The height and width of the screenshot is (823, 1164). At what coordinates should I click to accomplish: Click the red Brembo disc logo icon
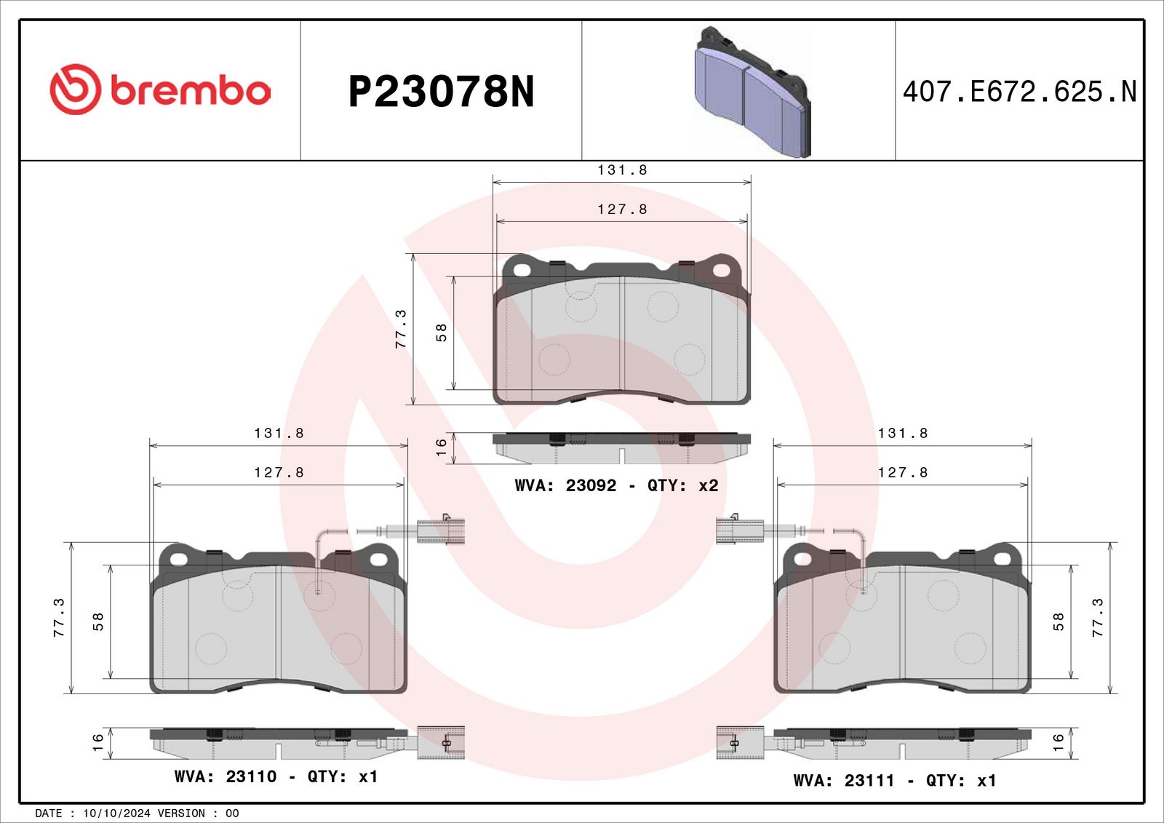(75, 90)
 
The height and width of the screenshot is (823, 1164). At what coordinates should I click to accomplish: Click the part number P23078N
(441, 92)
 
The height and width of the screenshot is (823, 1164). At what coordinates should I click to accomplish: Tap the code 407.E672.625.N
(1019, 92)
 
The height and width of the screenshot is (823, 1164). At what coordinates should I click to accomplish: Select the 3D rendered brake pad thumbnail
(753, 92)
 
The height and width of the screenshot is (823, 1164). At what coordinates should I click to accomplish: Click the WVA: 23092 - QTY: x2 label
(616, 485)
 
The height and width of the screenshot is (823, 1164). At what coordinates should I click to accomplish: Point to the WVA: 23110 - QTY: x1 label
(276, 776)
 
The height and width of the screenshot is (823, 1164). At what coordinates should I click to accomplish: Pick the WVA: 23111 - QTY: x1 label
(894, 781)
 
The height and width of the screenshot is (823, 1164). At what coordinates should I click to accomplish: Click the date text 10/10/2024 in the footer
(117, 813)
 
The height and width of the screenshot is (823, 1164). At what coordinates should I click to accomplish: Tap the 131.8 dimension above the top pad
(622, 170)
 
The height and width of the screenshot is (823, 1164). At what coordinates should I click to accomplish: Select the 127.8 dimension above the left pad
(279, 472)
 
